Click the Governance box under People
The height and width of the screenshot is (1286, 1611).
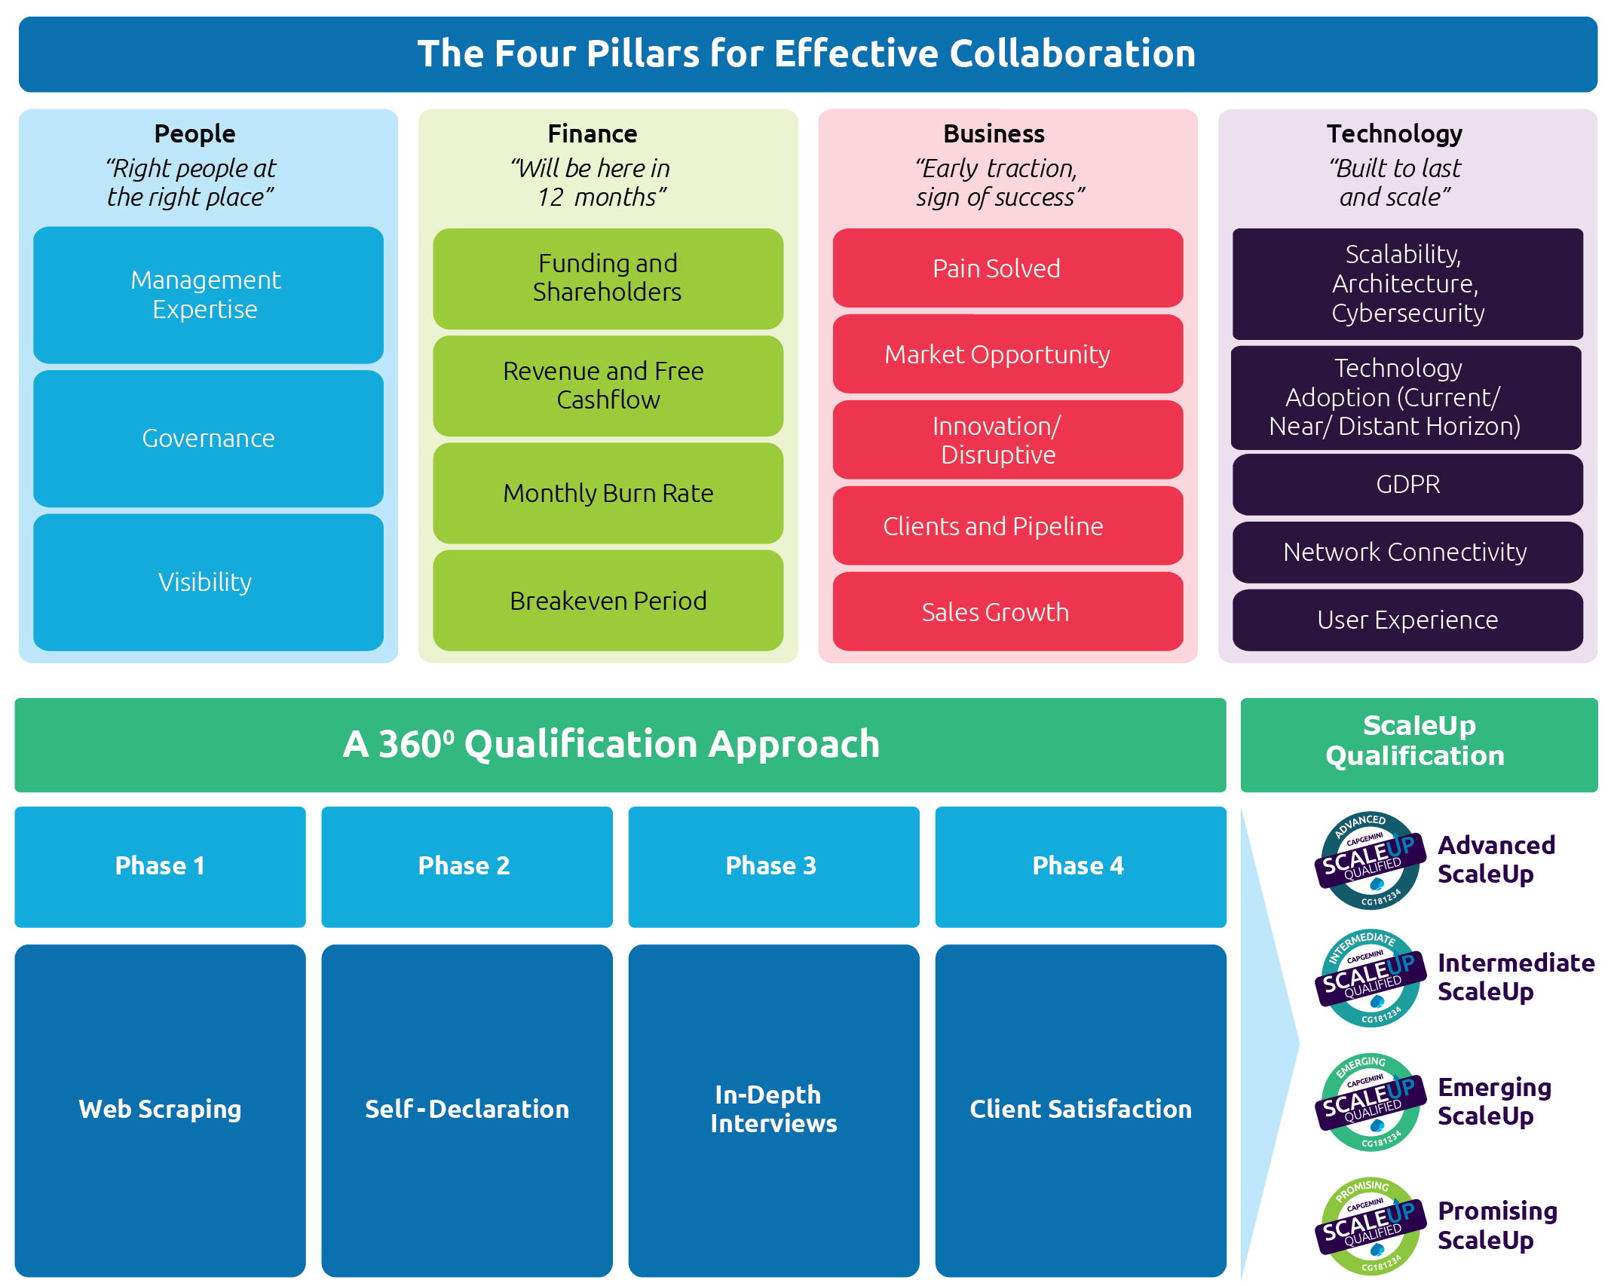[x=208, y=439]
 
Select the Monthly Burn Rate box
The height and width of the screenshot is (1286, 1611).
[x=608, y=493]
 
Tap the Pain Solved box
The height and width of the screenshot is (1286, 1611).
[x=1007, y=268]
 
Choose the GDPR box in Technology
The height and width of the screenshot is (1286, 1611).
[x=1407, y=484]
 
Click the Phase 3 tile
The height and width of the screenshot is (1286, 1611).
[x=773, y=866]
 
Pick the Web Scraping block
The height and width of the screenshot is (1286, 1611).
[x=160, y=1110]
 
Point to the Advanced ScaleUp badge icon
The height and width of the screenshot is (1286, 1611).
[x=1370, y=860]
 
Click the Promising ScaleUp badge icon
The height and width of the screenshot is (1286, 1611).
[x=1370, y=1226]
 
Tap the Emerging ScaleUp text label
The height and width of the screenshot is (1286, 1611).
[x=1493, y=1101]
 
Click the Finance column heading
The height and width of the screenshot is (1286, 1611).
[x=593, y=133]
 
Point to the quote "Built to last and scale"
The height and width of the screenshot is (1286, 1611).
[x=1395, y=182]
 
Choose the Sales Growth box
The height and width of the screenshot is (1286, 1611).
[x=1007, y=612]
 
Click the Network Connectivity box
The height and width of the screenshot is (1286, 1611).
[x=1407, y=552]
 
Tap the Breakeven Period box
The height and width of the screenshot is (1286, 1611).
[x=608, y=601]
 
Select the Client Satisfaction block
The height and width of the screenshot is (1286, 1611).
[x=1080, y=1110]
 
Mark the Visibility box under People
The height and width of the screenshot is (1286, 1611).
[x=208, y=582]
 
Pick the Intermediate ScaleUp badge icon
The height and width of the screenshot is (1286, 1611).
[x=1370, y=978]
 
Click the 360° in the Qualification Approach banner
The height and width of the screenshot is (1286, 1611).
[x=416, y=744]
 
